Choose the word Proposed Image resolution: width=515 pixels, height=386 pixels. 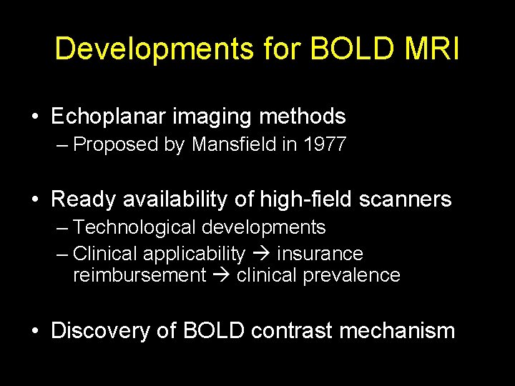click(115, 145)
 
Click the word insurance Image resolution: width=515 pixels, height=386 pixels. click(320, 254)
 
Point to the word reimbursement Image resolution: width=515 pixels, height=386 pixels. click(139, 276)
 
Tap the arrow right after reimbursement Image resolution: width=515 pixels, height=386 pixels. click(220, 276)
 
